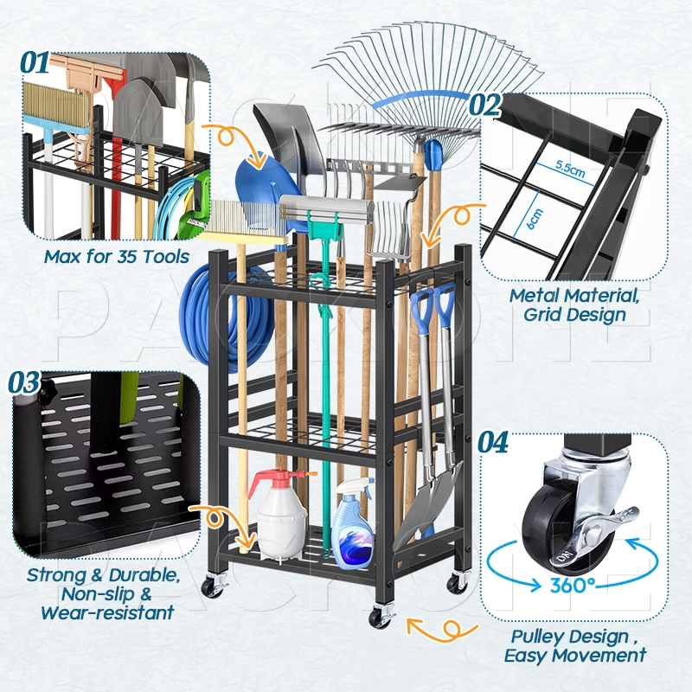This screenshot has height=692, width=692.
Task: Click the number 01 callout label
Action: (35, 62)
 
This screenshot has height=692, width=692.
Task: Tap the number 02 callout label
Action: (484, 105)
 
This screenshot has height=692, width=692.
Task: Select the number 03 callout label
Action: (24, 382)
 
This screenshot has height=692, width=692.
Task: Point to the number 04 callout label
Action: (493, 442)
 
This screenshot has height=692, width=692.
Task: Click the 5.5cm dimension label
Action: (570, 168)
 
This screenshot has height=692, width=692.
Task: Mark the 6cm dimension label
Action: (535, 219)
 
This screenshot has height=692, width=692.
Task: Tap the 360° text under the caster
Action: (572, 586)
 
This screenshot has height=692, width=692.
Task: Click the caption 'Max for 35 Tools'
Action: (117, 256)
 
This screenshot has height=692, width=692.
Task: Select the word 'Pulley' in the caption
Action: (538, 637)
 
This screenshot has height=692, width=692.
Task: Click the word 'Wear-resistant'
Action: (107, 612)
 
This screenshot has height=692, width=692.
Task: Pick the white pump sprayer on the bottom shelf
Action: (281, 515)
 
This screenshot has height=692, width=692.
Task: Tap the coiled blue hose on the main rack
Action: (221, 316)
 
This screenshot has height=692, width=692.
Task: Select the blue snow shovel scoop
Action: (264, 189)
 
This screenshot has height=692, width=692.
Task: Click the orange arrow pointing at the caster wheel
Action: (441, 629)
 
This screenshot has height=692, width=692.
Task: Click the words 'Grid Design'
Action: (574, 315)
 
